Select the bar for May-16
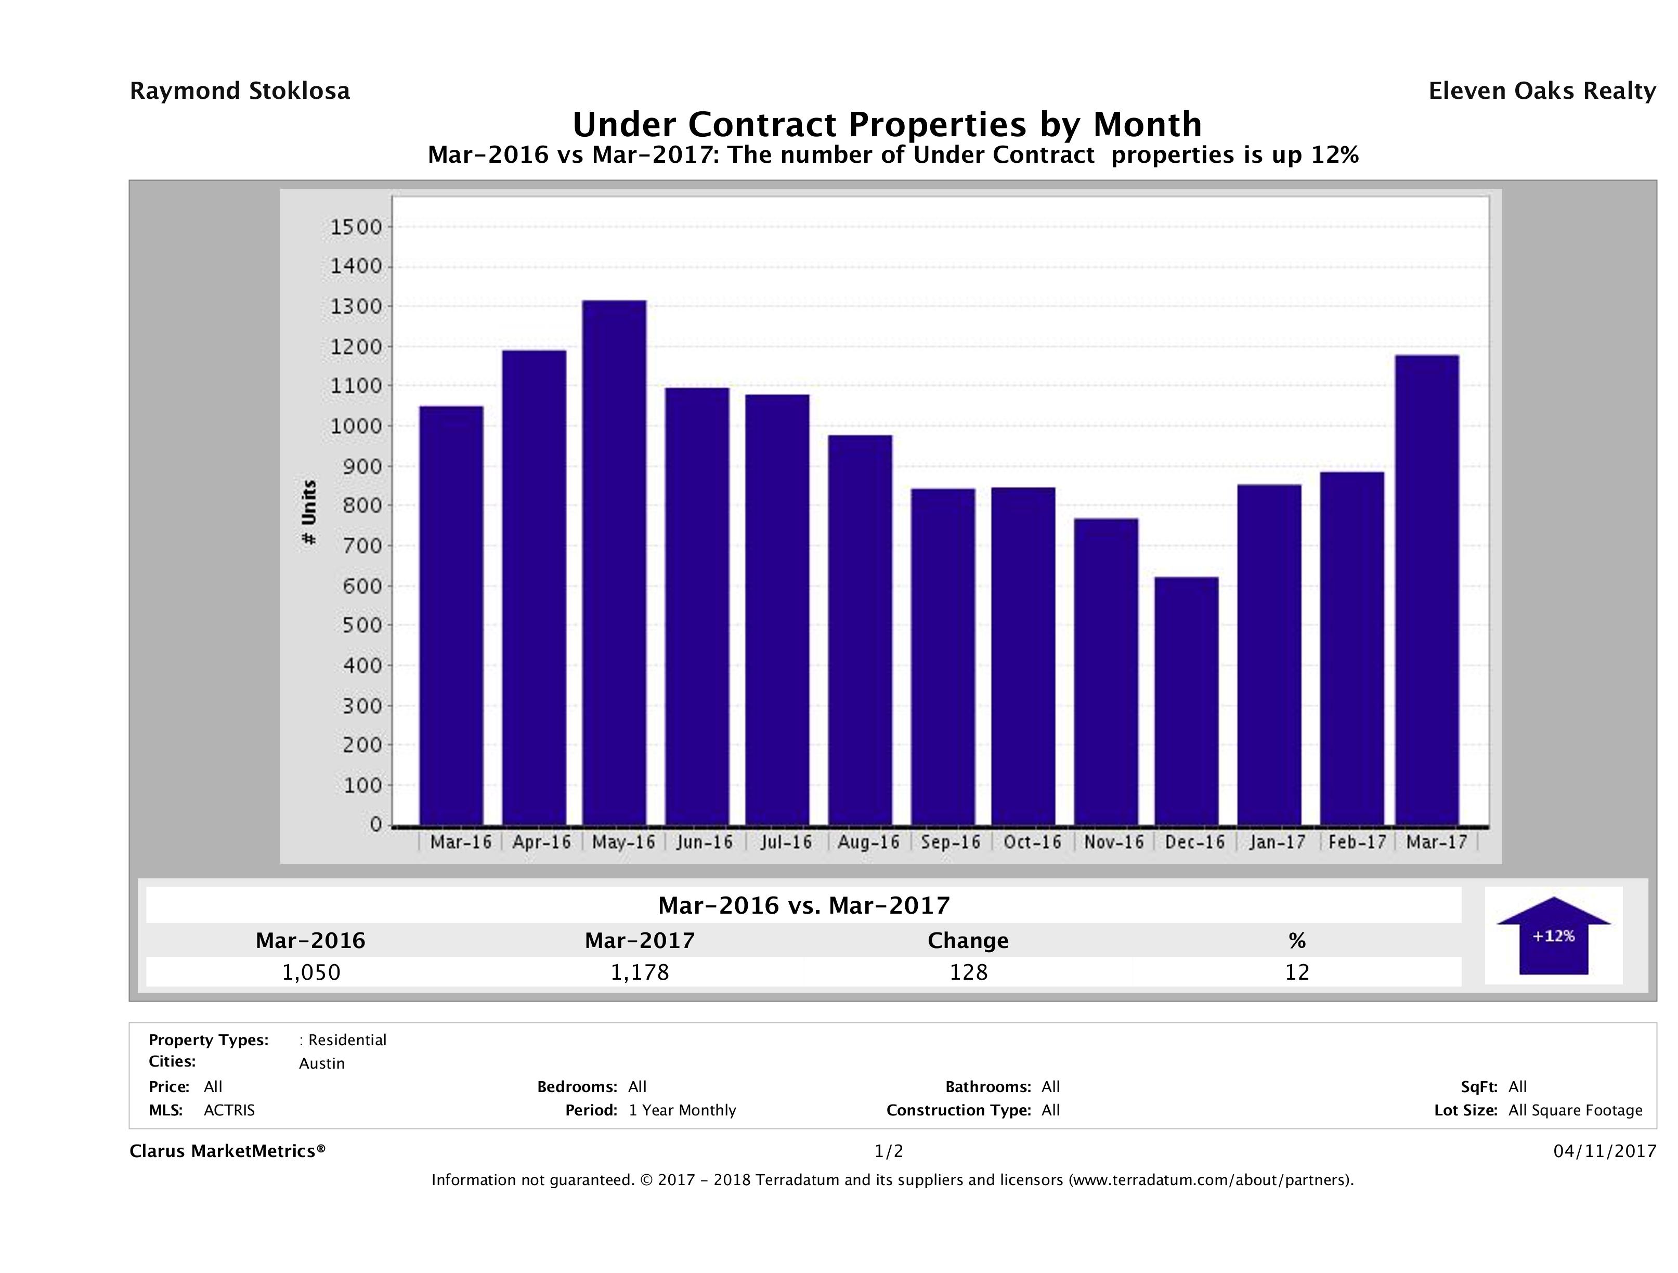(615, 562)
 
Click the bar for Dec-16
(1187, 701)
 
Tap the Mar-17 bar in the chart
(1427, 590)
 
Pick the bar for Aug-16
(860, 630)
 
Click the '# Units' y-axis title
(309, 512)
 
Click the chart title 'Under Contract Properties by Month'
(887, 124)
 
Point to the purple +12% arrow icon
(1553, 936)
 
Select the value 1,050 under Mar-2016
(311, 972)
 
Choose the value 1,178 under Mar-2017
(640, 972)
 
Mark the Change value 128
(969, 972)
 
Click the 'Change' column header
(968, 941)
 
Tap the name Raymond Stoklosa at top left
(240, 91)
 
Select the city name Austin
(322, 1063)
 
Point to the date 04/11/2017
(1604, 1152)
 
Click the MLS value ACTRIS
(229, 1111)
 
